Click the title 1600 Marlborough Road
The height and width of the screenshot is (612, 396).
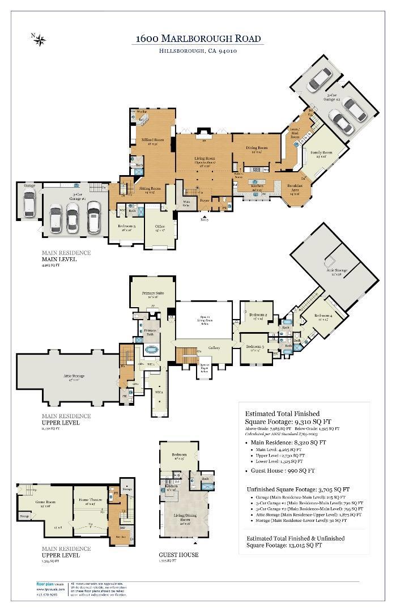tap(198, 39)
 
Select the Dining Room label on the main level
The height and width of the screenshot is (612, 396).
tap(257, 148)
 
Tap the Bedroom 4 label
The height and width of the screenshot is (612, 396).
tap(323, 316)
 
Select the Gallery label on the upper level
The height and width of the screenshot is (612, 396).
tap(214, 348)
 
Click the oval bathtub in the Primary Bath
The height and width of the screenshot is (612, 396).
tap(152, 351)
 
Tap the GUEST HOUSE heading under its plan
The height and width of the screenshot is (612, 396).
tap(179, 555)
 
